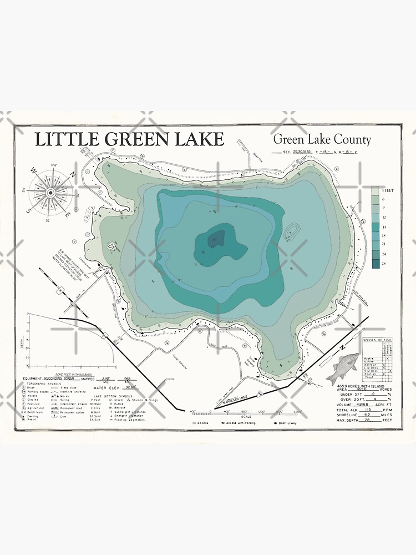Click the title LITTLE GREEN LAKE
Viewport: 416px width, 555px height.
click(x=130, y=139)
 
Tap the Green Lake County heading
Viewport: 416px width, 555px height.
click(x=322, y=140)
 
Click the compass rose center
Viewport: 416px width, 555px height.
click(x=50, y=193)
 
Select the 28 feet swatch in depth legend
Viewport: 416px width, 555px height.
click(x=375, y=265)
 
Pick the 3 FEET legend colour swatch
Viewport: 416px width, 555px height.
click(x=375, y=190)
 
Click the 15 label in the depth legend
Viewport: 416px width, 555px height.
click(x=383, y=228)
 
